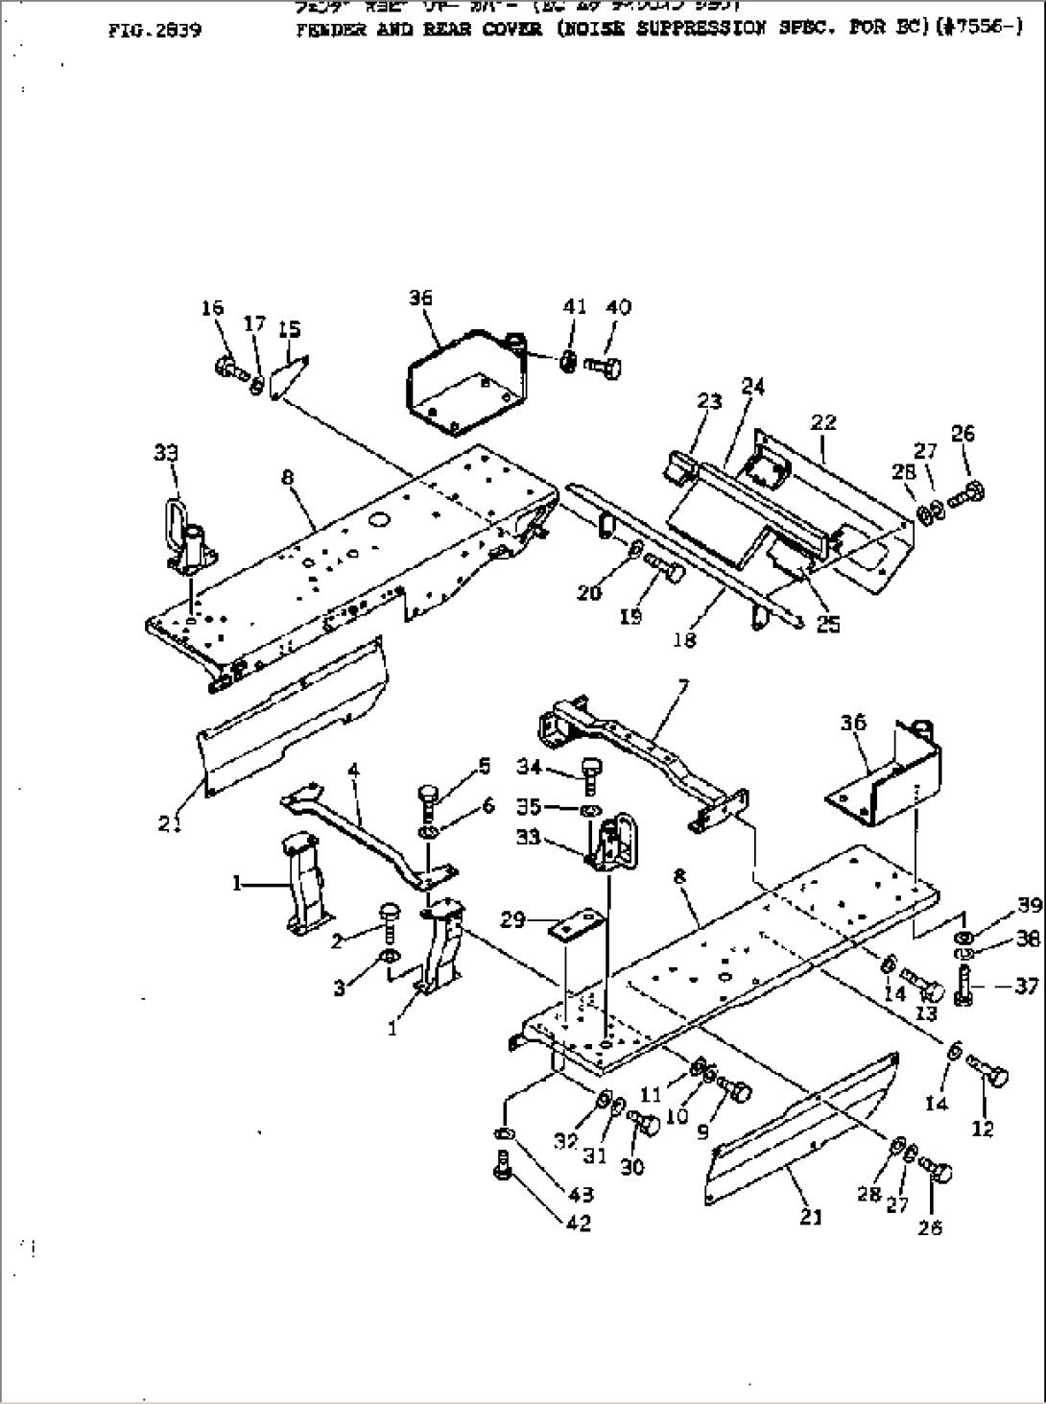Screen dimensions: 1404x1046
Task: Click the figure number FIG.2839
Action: (155, 30)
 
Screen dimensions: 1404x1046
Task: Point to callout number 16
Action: (212, 307)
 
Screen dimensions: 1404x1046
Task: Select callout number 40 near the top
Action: (619, 307)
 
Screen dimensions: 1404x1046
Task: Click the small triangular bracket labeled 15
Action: (291, 374)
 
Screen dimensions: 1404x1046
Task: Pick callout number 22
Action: (823, 422)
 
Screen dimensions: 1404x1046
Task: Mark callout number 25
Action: (827, 623)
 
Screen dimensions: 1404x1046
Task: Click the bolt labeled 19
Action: (663, 571)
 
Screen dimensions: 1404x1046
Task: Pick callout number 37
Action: (1026, 987)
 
